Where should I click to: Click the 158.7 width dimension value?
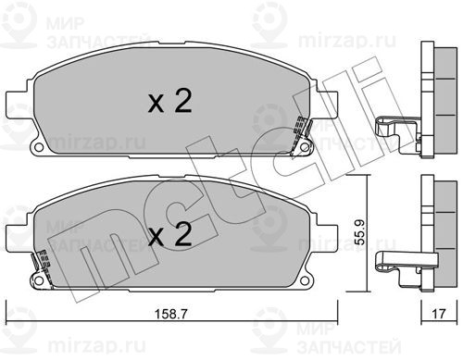[x=170, y=314]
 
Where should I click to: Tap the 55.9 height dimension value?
[x=359, y=232]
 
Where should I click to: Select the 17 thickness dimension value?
[x=439, y=314]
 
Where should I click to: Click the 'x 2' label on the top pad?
[x=170, y=101]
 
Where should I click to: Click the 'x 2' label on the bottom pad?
[x=170, y=234]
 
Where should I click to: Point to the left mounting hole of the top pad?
[x=39, y=147]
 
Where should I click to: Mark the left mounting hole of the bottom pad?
[x=39, y=280]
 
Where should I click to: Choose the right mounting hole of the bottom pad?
[x=305, y=280]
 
